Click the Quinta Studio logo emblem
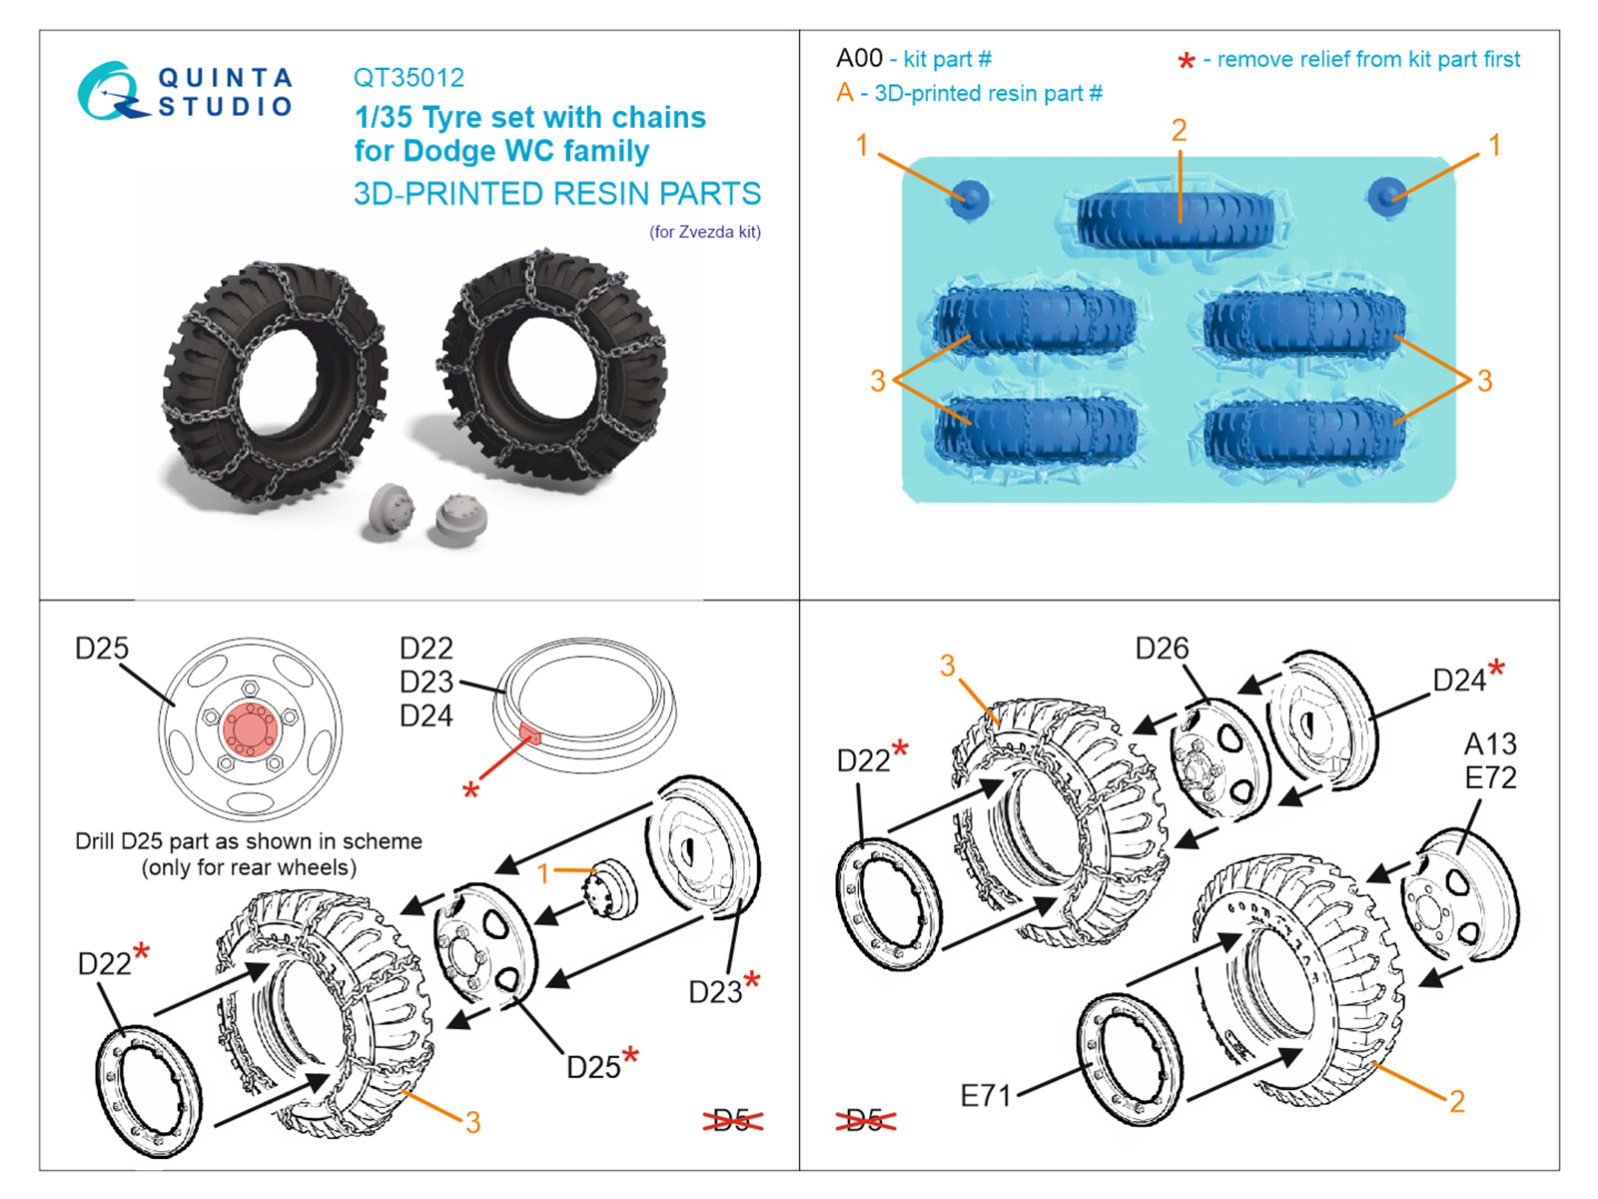107,92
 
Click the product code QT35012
408,78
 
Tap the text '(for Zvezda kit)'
704,232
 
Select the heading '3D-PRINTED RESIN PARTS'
556,194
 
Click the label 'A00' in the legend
859,59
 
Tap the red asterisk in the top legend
1186,62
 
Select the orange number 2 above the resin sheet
1179,130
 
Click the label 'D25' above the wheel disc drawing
102,648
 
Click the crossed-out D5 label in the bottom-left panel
732,1121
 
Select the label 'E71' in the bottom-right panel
986,1096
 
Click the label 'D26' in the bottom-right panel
1162,649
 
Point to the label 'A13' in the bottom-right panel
1490,744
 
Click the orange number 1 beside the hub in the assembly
543,873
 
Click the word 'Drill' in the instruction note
95,841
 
